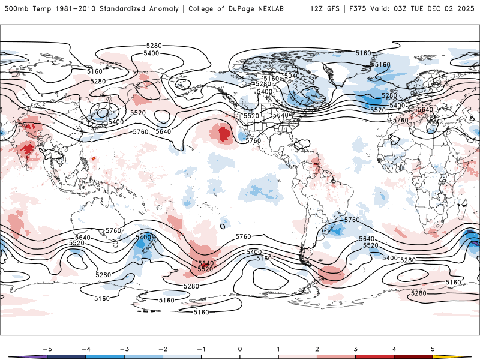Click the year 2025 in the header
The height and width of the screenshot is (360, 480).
[465, 9]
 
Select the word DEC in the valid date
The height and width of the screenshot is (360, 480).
[431, 9]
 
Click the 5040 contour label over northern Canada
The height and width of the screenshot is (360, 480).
[292, 76]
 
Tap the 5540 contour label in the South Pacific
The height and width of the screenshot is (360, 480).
[206, 263]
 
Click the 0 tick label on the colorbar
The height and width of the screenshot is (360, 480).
[240, 349]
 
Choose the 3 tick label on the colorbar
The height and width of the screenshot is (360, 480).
[355, 349]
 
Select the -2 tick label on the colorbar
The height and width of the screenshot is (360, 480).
[163, 349]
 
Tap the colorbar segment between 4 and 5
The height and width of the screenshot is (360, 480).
[413, 356]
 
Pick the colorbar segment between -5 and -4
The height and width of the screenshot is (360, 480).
[66, 356]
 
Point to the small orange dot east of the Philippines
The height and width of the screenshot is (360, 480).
[94, 158]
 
